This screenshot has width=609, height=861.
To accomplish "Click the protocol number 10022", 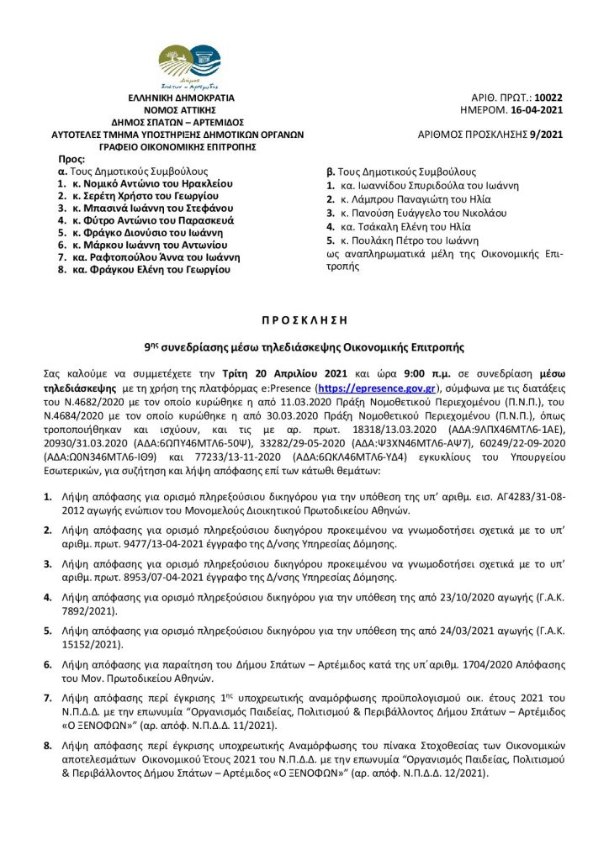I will tap(548, 98).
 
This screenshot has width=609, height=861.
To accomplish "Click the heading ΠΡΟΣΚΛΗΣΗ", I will tap(304, 320).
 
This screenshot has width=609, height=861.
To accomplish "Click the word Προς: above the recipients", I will tap(71, 158).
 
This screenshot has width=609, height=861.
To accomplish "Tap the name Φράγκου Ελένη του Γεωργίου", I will tap(156, 272).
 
